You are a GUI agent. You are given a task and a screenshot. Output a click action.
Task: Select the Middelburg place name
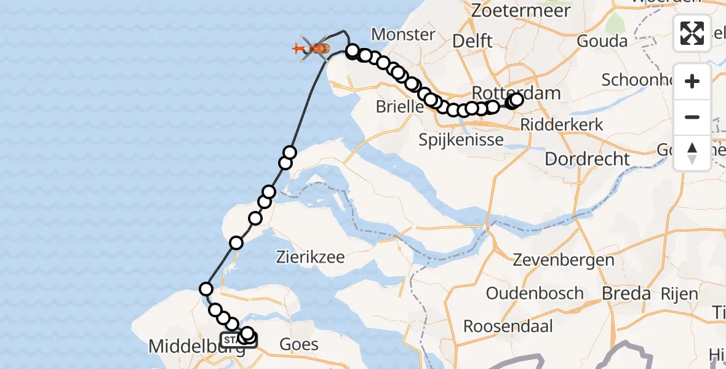click(185, 347)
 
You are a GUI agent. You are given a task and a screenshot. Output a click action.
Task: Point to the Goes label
click(299, 344)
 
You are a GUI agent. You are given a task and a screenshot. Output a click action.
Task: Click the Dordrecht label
click(587, 159)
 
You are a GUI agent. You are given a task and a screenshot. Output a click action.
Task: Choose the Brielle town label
click(400, 106)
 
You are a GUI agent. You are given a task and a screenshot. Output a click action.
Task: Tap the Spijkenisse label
click(461, 140)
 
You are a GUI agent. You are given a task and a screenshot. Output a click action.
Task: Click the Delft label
click(472, 41)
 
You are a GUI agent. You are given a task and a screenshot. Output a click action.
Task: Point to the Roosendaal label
click(508, 326)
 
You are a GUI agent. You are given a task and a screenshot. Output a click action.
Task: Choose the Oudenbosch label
click(534, 293)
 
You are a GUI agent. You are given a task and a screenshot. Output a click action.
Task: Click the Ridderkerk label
click(562, 124)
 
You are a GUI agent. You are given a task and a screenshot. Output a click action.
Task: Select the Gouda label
click(602, 41)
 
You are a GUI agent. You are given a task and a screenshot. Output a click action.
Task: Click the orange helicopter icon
click(314, 47)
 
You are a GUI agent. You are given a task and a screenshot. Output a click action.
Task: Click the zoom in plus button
click(692, 82)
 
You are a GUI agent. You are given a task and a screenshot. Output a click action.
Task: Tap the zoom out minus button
click(692, 117)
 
